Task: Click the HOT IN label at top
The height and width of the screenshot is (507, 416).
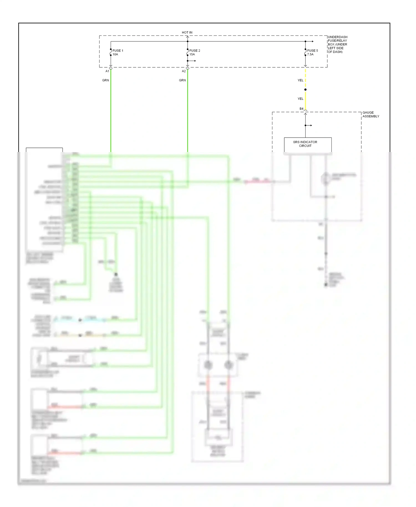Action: pos(187,32)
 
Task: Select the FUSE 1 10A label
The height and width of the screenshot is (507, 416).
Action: pos(118,52)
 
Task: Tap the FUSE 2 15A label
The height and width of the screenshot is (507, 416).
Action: pos(194,52)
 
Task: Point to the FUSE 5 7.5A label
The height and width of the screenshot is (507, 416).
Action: pos(312,52)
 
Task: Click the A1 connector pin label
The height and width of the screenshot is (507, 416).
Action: pos(107,71)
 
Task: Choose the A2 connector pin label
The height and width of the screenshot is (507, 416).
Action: pos(184,71)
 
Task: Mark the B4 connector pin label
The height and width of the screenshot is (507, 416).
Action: pos(301,109)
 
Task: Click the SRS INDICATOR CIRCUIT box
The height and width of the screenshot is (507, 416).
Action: pos(308,144)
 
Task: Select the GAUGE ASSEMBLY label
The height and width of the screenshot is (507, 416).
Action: pos(371,114)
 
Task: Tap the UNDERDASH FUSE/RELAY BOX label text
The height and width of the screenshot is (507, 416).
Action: pos(337,44)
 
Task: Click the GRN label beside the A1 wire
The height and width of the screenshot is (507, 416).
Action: pos(105,80)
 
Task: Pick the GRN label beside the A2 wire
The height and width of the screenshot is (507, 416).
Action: pos(182,80)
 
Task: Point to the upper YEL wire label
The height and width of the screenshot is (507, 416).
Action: pos(300,80)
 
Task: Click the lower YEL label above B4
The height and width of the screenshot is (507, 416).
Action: pos(300,99)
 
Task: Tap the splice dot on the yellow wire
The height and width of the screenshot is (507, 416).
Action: pos(305,90)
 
